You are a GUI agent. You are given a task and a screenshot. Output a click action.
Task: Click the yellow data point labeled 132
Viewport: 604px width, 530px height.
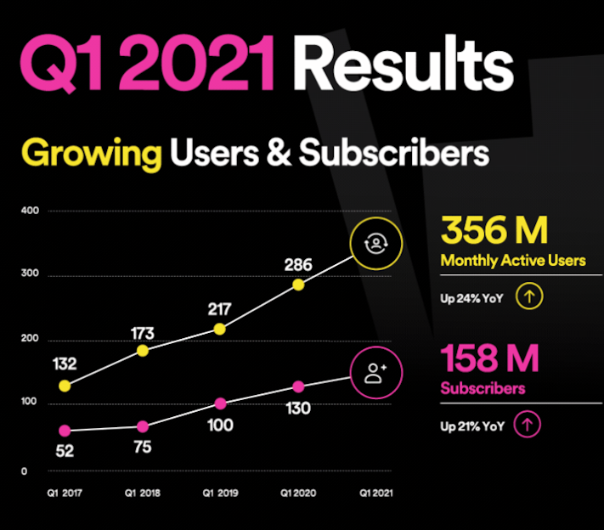pyautogui.click(x=65, y=386)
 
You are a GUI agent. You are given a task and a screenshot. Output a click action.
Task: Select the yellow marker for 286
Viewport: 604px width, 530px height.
pyautogui.click(x=298, y=285)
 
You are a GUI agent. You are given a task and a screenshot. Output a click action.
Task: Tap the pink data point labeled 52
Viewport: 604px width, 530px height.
pyautogui.click(x=65, y=431)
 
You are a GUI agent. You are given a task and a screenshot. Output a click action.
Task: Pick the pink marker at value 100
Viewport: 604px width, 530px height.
pyautogui.click(x=221, y=403)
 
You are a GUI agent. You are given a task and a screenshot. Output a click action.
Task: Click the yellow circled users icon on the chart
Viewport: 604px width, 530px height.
pyautogui.click(x=374, y=245)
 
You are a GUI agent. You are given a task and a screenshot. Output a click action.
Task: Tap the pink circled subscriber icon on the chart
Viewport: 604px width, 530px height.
pyautogui.click(x=375, y=373)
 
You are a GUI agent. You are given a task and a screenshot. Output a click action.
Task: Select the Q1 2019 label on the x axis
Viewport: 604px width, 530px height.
pyautogui.click(x=219, y=492)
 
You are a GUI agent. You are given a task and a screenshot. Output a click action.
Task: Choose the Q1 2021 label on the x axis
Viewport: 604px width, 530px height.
pyautogui.click(x=375, y=492)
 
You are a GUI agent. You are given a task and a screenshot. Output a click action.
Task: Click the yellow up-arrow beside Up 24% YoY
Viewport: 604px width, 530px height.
pyautogui.click(x=529, y=297)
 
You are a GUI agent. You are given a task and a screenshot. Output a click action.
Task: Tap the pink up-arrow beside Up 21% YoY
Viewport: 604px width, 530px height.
pyautogui.click(x=528, y=425)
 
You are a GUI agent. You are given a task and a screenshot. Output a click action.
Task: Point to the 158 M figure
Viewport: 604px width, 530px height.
pyautogui.click(x=489, y=359)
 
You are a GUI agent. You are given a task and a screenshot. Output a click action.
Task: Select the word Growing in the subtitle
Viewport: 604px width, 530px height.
pyautogui.click(x=92, y=155)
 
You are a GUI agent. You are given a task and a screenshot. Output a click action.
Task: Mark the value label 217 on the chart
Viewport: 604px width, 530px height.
pyautogui.click(x=219, y=307)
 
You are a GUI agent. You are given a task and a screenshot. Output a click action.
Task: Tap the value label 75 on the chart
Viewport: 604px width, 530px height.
pyautogui.click(x=142, y=448)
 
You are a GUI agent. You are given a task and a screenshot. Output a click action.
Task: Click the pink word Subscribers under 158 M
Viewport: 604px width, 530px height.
pyautogui.click(x=483, y=389)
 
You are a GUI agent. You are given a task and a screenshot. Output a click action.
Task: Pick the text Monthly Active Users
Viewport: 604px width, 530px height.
pyautogui.click(x=513, y=261)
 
